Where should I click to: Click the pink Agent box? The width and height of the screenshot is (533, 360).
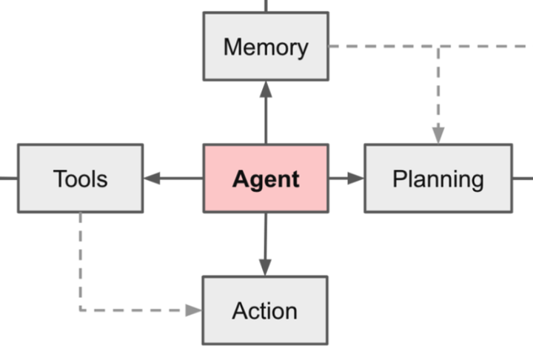(x=266, y=179)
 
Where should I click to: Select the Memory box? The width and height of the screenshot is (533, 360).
(x=266, y=47)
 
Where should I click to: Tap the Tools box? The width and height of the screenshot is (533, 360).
(x=80, y=179)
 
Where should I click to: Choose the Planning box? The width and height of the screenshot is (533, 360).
(x=438, y=179)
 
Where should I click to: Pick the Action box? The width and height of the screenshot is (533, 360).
(x=265, y=310)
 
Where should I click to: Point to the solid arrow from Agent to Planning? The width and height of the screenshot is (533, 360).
(x=343, y=179)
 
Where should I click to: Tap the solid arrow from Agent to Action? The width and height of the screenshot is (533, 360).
(x=266, y=241)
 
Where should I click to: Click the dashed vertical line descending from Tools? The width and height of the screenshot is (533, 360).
(x=80, y=259)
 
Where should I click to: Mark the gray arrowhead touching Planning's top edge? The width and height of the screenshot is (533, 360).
(x=438, y=136)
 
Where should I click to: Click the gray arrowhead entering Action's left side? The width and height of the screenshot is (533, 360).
(x=194, y=310)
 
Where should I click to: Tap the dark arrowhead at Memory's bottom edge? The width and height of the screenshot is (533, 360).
(x=266, y=89)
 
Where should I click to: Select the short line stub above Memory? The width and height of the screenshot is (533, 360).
(x=266, y=5)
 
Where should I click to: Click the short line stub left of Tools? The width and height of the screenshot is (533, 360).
(x=8, y=179)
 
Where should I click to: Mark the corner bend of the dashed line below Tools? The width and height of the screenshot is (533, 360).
(x=80, y=310)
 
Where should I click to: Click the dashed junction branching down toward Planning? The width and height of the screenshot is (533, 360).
(x=438, y=47)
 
